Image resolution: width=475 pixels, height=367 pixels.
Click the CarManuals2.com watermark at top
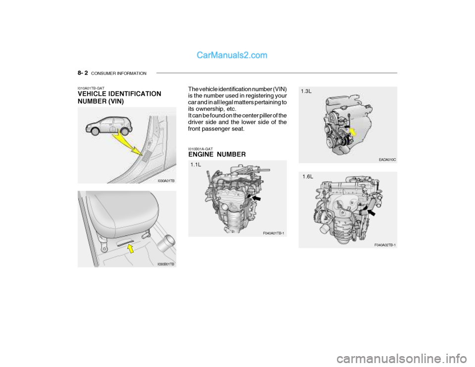232,55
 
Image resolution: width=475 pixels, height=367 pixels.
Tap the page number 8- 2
83,73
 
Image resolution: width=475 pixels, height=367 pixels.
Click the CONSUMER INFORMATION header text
119,73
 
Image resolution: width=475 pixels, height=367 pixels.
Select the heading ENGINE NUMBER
217,154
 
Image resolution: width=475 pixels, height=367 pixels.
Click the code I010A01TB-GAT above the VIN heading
91,88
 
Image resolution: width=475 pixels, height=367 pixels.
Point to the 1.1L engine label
196,165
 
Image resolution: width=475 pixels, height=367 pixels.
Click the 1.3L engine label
306,91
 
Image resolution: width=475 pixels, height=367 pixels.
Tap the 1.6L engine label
308,177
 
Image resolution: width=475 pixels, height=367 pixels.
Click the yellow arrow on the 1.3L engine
352,133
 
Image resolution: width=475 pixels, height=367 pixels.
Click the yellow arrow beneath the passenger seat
131,249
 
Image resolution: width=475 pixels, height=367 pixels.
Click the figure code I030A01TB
166,181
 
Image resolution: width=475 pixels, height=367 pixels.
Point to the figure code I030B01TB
166,264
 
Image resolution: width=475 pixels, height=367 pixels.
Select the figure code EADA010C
387,160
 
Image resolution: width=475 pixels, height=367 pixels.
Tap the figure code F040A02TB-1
385,245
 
